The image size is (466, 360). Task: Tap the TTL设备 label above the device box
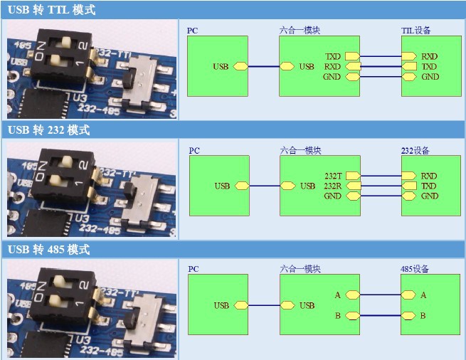tap(415, 31)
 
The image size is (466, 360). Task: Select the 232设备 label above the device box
tap(415, 151)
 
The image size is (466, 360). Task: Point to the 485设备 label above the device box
tap(415, 269)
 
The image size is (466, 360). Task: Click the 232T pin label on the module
tap(332, 176)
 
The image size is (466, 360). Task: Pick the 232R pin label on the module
tap(332, 186)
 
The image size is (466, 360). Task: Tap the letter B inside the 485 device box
tap(423, 315)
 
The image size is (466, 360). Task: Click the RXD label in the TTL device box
tap(429, 55)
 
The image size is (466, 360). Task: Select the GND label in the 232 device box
tap(429, 196)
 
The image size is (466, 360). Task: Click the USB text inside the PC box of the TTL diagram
tap(221, 66)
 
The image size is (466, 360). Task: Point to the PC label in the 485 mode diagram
tap(193, 269)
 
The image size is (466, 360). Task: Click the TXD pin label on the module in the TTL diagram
tap(332, 55)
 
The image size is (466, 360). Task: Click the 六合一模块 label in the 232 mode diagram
tap(300, 151)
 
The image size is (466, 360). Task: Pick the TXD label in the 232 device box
tap(429, 186)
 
